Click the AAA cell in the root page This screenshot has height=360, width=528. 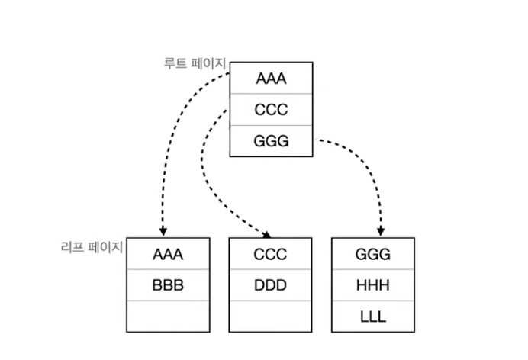271,78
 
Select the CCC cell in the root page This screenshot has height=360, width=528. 271,110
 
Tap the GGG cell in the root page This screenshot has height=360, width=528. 271,141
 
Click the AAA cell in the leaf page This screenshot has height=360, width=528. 168,254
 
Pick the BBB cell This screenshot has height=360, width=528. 168,285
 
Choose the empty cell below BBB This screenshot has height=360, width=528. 168,317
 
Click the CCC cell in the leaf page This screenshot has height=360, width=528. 270,254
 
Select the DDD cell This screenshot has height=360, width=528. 270,285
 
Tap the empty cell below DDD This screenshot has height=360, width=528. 270,317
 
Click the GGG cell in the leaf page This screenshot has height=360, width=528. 373,254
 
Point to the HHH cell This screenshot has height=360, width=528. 373,285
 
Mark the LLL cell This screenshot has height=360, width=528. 373,317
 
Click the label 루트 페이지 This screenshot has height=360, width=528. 195,63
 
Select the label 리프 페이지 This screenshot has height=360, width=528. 92,247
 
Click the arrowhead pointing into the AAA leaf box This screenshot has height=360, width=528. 163,231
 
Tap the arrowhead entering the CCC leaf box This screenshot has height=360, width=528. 266,234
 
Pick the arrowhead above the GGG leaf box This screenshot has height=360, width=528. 381,231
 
